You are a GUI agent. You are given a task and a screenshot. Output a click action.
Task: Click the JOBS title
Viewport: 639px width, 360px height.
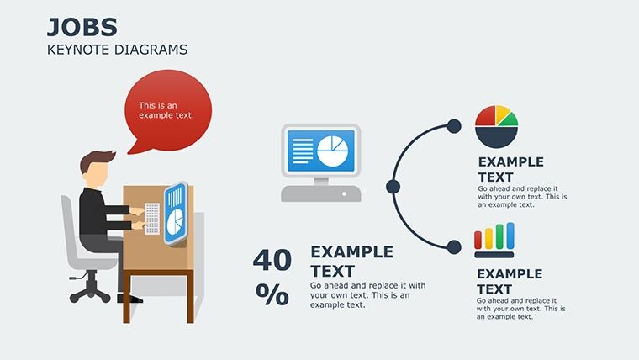click(82, 27)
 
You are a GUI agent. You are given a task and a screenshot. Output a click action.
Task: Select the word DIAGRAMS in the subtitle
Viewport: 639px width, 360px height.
click(151, 50)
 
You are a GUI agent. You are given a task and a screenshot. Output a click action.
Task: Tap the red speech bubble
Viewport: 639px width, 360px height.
click(168, 111)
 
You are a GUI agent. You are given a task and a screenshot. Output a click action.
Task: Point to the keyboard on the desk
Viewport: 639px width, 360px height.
click(152, 219)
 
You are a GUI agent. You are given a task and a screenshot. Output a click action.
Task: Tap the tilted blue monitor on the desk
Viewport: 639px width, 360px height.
click(176, 214)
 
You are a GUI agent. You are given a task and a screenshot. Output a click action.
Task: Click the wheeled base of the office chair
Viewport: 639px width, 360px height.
click(90, 289)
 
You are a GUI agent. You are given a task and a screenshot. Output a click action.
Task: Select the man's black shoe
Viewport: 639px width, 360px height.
click(129, 299)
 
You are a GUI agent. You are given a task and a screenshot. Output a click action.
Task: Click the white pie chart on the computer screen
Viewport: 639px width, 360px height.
click(333, 151)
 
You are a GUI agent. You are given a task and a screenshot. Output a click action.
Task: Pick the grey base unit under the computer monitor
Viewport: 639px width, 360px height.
click(321, 193)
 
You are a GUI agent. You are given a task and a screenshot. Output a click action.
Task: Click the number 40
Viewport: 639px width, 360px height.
click(272, 260)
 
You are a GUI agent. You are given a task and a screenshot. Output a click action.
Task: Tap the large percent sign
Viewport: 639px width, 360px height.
click(272, 294)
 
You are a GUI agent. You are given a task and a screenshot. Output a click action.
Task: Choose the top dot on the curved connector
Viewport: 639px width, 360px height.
click(453, 126)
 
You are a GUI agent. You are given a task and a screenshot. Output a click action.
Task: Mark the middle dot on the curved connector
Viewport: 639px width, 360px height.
click(393, 187)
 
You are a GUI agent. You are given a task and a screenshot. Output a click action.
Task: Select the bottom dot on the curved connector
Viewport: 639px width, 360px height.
click(453, 247)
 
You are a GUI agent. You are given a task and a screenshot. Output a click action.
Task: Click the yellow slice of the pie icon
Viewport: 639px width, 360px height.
click(502, 114)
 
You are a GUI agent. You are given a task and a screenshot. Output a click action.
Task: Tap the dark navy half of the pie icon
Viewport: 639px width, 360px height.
click(496, 136)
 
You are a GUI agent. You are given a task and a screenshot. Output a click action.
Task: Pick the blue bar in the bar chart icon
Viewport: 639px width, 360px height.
click(510, 236)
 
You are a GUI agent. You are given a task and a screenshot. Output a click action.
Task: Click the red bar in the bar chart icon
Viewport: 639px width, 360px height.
click(478, 240)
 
